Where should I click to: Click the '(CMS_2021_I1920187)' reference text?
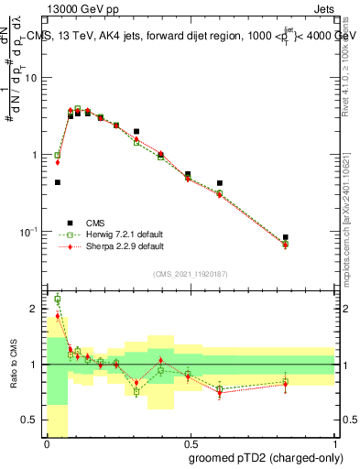click(191, 273)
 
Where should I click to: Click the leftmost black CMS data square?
click(58, 182)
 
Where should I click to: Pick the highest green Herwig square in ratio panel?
click(58, 299)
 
